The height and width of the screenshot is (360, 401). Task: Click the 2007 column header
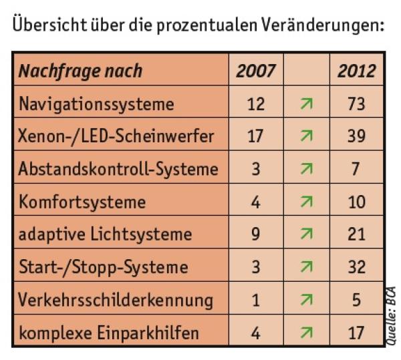pos(255,71)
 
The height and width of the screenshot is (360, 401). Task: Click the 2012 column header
pos(356,71)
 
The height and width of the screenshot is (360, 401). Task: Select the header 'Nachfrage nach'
pos(80,71)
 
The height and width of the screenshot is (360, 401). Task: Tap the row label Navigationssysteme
pos(96,104)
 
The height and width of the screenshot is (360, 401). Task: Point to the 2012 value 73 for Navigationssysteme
pos(356,104)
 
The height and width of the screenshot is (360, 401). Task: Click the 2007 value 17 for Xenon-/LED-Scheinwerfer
pos(255,136)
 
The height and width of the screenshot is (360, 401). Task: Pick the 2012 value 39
pos(356,136)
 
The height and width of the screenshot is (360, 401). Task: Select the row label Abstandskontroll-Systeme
pos(118,169)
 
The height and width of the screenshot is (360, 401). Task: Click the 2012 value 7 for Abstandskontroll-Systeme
pos(356,169)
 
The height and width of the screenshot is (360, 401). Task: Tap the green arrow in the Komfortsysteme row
pos(306,202)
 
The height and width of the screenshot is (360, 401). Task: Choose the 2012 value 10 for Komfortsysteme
pos(356,202)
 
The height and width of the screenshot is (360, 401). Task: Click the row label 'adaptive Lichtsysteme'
pos(105,234)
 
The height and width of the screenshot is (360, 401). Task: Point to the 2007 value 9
pos(255,234)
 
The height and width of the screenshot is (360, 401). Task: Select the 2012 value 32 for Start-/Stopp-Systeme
pos(356,267)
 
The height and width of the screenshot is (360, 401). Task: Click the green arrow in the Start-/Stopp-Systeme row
pos(306,267)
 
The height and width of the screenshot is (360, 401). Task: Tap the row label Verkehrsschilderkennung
pos(116,300)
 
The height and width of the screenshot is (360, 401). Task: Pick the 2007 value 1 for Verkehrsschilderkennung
pos(255,300)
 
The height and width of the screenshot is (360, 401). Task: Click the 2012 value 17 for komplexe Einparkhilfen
pos(356,332)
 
